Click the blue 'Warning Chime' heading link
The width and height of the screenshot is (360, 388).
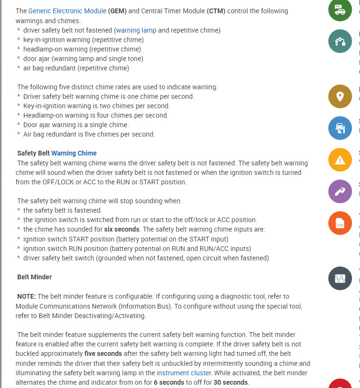[74, 153]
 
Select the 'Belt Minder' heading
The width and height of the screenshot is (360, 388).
[34, 277]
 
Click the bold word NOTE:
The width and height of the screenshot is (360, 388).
[26, 296]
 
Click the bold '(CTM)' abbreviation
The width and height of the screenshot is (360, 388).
[215, 11]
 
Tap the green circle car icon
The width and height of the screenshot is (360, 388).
[340, 10]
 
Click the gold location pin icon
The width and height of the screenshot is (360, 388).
[340, 96]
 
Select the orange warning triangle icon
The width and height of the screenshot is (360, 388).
[340, 160]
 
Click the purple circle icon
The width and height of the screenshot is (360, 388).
[340, 191]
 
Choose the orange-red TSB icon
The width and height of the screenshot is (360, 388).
[340, 224]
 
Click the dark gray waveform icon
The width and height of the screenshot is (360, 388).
[340, 279]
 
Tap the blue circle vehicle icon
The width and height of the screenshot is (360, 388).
[340, 128]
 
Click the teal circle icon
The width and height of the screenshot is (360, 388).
[340, 41]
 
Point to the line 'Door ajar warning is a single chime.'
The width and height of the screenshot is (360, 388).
[76, 125]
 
